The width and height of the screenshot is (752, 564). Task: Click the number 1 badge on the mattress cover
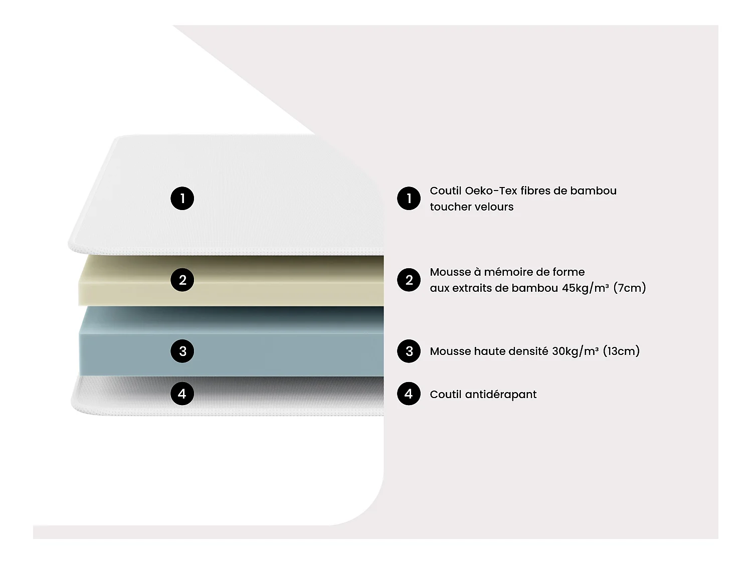(x=182, y=199)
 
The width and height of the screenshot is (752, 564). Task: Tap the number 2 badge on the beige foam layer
(x=182, y=280)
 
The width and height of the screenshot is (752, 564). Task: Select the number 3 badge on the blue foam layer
(x=182, y=351)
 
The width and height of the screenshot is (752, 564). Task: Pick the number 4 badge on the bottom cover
(x=182, y=394)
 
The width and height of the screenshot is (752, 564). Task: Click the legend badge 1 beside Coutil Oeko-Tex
(x=409, y=199)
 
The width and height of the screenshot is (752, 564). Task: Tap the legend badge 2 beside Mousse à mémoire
(x=409, y=280)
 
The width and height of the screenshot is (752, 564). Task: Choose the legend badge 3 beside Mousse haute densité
(x=409, y=351)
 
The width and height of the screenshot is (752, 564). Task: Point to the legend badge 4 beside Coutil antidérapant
(x=409, y=394)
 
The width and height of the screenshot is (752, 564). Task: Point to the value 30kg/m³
(x=575, y=351)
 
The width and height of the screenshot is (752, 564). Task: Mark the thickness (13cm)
(x=621, y=351)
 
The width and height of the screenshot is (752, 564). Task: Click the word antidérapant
(x=500, y=395)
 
